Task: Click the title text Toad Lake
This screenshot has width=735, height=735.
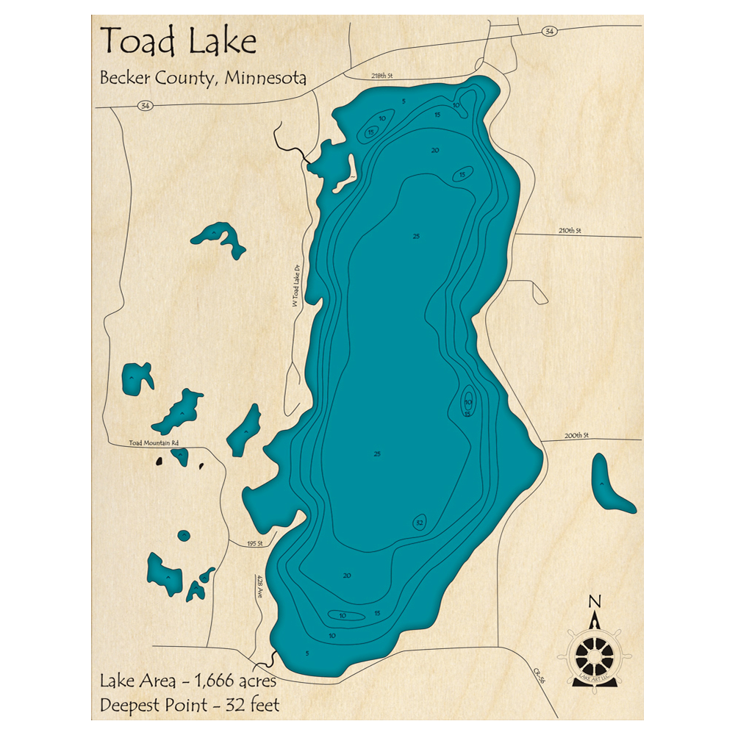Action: (178, 42)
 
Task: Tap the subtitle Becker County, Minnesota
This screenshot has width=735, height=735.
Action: (203, 78)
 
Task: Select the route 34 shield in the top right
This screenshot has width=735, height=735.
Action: (550, 31)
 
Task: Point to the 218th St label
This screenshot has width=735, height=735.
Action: (383, 76)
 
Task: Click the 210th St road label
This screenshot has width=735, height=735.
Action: (570, 231)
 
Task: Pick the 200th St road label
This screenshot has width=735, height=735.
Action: (577, 435)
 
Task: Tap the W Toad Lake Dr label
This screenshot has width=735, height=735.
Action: (297, 286)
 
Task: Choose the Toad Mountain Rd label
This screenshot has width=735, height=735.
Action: (154, 442)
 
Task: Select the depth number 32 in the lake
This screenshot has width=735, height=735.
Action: (420, 523)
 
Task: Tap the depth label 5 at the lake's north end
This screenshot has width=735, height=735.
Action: (404, 101)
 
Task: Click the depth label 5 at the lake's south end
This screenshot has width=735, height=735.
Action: (307, 653)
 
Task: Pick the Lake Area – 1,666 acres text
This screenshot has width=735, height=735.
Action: (188, 681)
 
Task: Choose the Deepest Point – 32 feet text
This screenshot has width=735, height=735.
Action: (190, 706)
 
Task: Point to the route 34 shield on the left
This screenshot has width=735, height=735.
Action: (144, 107)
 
